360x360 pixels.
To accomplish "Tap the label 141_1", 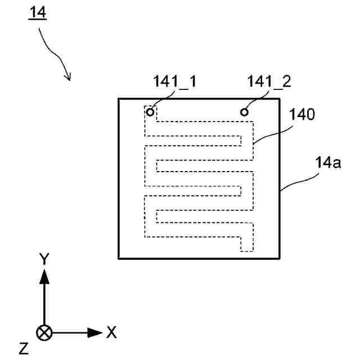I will (x=174, y=82).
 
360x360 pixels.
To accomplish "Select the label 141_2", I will (x=268, y=82).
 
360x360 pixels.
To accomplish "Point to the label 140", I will (x=303, y=115).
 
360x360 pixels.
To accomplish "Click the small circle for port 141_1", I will (x=150, y=112).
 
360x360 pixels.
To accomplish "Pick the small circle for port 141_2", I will (x=245, y=112).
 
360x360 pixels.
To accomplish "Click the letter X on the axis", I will (x=111, y=332).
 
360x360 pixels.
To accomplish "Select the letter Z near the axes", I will (x=23, y=349).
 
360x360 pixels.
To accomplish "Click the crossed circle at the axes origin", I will (x=43, y=332).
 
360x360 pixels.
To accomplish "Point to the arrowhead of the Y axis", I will (x=43, y=274).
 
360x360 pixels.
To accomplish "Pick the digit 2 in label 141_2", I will (x=286, y=82).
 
